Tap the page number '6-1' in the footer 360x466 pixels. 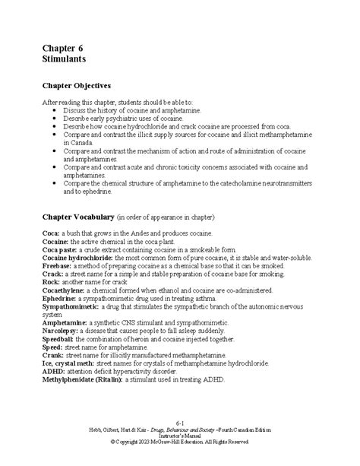[180, 421]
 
